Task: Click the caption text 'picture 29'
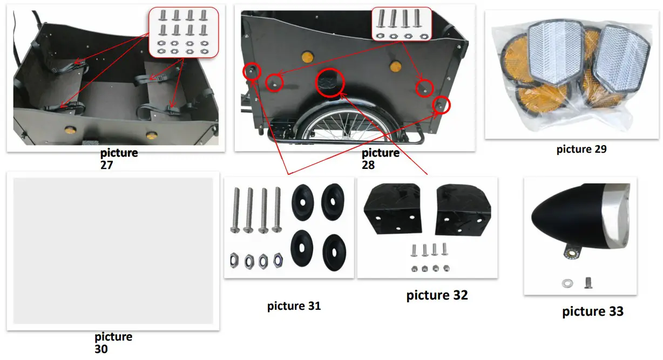[581, 150]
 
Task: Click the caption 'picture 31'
[294, 306]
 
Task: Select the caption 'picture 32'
[437, 295]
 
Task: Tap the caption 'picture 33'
[592, 311]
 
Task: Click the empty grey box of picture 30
[113, 251]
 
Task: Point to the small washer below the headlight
[567, 282]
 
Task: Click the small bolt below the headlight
[590, 282]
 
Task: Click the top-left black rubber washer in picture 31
[302, 201]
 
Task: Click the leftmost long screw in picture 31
[236, 210]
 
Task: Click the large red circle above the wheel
[330, 83]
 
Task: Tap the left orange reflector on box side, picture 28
[307, 56]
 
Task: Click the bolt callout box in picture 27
[183, 32]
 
